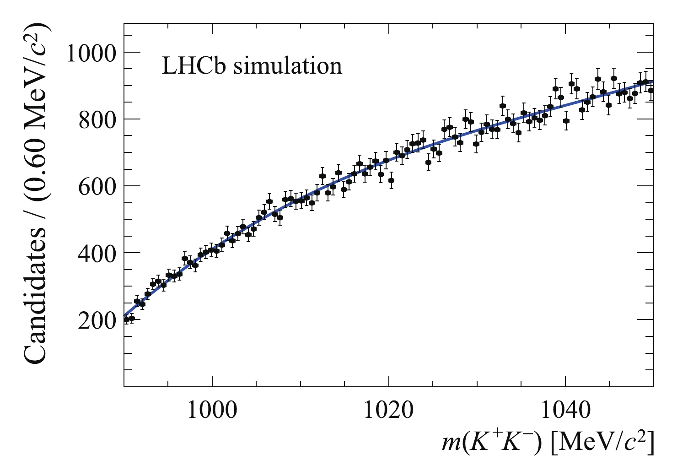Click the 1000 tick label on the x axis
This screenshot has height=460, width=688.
click(212, 410)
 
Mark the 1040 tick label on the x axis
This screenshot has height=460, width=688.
click(565, 410)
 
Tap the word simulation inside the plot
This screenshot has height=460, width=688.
click(288, 66)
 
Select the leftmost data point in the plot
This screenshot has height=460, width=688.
click(127, 319)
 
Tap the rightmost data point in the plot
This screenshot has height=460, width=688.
click(650, 90)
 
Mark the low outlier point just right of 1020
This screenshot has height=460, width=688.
click(391, 180)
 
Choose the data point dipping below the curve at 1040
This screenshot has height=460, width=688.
click(566, 121)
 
